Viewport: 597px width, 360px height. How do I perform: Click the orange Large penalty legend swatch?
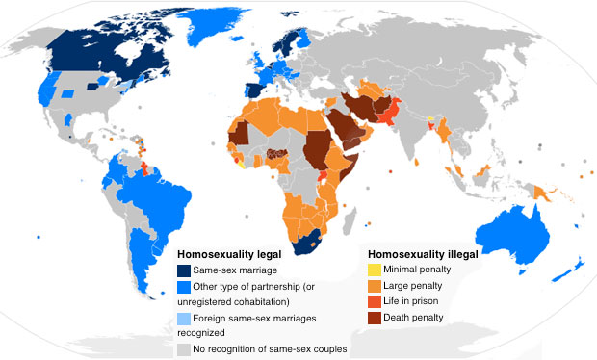click(x=373, y=285)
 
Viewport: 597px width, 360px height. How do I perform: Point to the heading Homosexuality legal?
click(x=225, y=254)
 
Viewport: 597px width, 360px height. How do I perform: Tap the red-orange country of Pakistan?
click(x=390, y=116)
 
